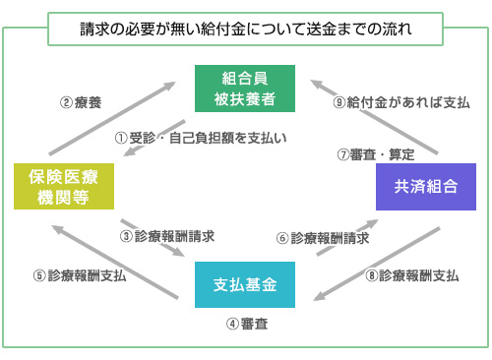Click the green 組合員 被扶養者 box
click(246, 89)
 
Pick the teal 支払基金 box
click(245, 284)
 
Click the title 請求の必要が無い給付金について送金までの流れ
click(246, 30)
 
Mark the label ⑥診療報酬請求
click(324, 237)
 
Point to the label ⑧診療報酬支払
click(412, 276)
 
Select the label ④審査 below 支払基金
click(245, 323)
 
